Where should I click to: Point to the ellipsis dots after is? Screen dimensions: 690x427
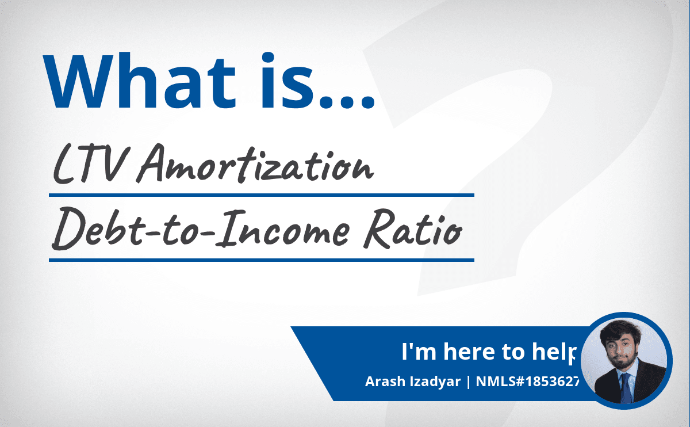[x=347, y=102]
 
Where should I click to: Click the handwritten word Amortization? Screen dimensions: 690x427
[x=255, y=164]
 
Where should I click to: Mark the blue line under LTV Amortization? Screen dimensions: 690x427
[x=262, y=195]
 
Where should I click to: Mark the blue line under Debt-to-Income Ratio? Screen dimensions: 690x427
[x=262, y=260]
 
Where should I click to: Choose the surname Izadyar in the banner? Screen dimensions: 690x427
[x=435, y=382]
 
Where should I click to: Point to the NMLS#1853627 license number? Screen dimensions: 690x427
[x=527, y=382]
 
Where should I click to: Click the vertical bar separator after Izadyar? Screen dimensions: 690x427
[x=469, y=382]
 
